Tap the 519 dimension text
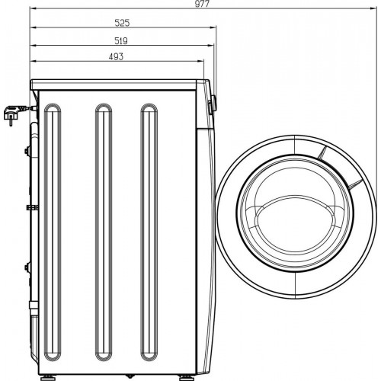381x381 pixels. coord(120,40)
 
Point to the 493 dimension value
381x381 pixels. coord(117,57)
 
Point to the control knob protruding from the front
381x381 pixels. coord(212,105)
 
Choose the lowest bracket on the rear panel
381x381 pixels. coord(28,268)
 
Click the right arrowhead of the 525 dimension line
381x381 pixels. coord(213,29)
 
